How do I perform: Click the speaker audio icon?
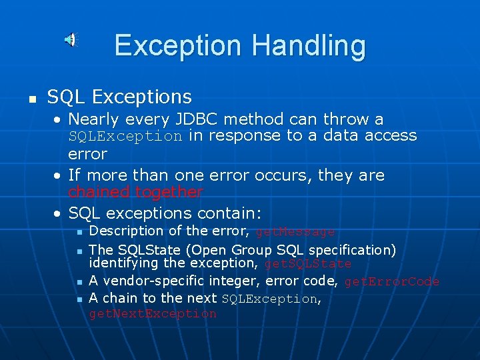[70, 40]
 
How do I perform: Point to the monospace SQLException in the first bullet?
[125, 137]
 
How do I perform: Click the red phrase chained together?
[135, 193]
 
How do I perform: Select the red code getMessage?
[295, 232]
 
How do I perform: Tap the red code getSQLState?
[307, 264]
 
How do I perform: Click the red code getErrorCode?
[391, 282]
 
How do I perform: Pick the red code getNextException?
[153, 314]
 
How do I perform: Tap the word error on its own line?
[87, 154]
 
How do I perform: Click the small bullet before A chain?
[79, 299]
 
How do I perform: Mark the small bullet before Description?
[79, 233]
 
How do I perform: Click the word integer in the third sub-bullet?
[237, 281]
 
